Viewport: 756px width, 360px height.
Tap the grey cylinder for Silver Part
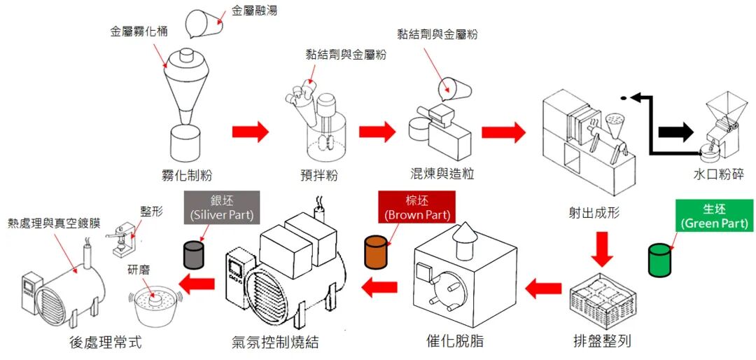192,254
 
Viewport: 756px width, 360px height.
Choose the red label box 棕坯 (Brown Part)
414,207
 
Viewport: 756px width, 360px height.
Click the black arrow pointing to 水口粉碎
675,131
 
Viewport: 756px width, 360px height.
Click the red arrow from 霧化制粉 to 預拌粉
250,131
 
